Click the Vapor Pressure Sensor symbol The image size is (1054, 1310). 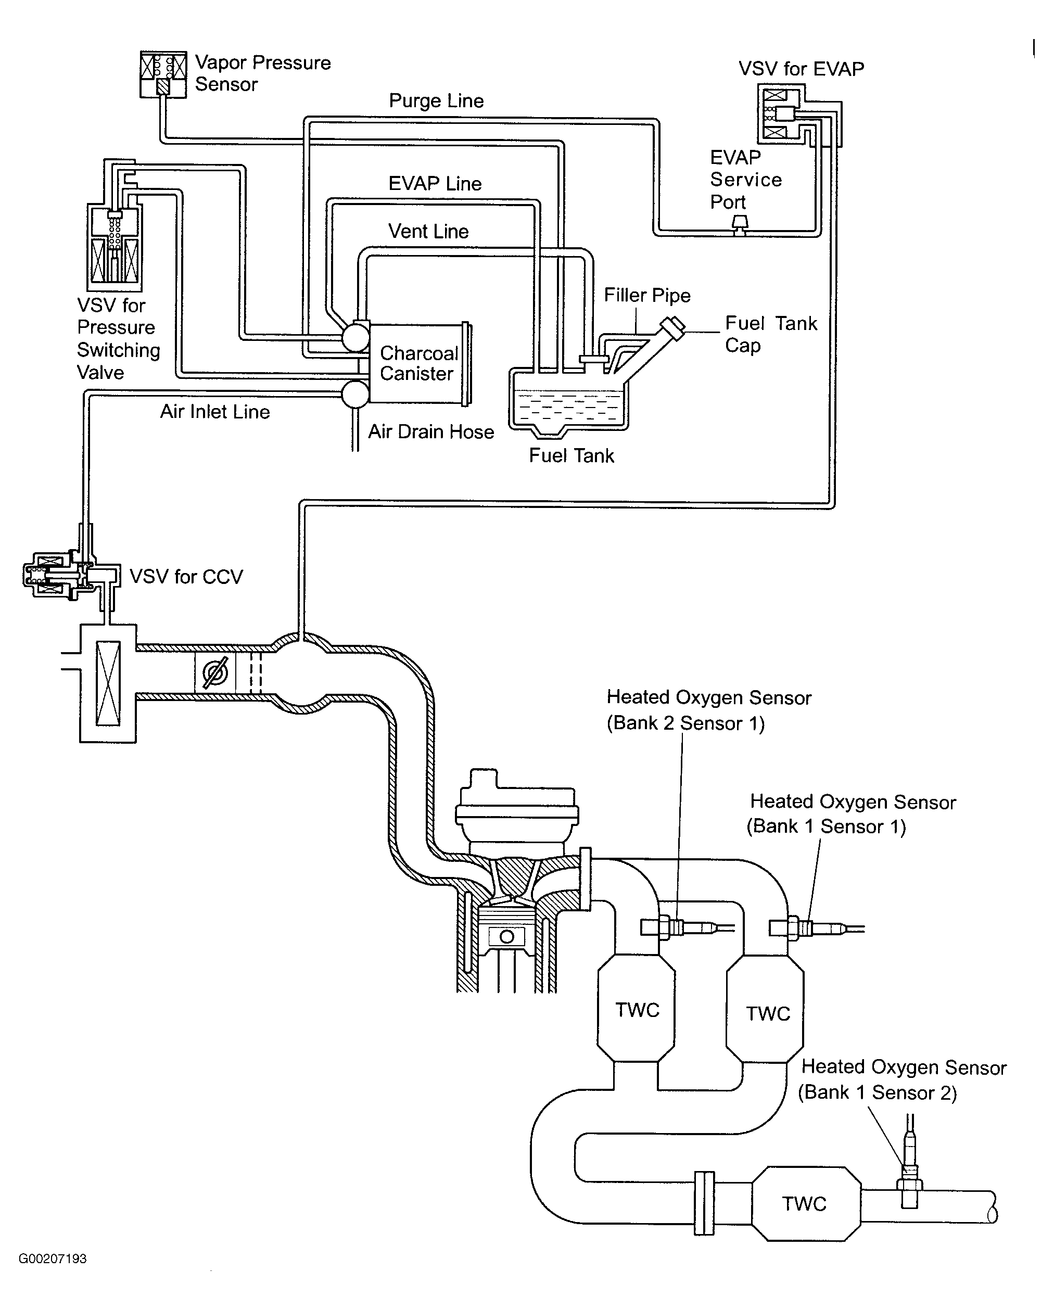(163, 74)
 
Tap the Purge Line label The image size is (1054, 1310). (436, 101)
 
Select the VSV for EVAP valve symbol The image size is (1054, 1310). (780, 113)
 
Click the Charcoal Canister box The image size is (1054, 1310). (417, 363)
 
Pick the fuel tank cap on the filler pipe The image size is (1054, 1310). (673, 327)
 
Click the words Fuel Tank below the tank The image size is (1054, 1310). (571, 456)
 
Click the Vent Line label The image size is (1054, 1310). (428, 232)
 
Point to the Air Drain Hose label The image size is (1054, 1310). (431, 432)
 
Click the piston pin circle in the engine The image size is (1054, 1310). (506, 937)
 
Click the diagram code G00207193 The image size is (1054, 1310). (53, 1258)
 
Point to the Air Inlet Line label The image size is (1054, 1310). (215, 412)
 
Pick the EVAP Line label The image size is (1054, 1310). (435, 184)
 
